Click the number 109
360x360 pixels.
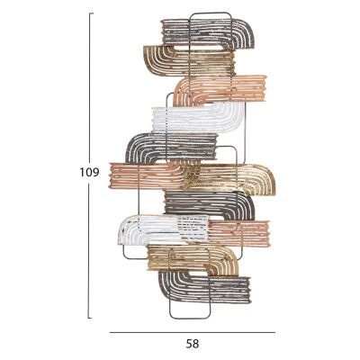(x=89, y=173)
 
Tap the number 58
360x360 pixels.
(x=193, y=344)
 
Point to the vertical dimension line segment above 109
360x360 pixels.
(x=89, y=87)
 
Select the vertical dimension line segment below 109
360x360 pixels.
(x=89, y=250)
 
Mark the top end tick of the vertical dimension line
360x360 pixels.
(x=91, y=13)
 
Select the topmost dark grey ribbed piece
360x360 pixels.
(x=207, y=33)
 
